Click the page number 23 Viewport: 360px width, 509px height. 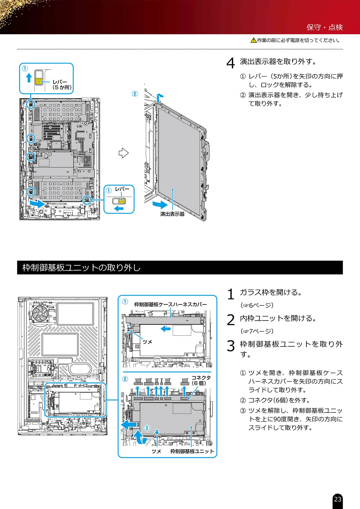click(337, 499)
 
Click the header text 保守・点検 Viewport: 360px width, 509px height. click(325, 27)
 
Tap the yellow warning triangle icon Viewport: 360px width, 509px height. click(253, 40)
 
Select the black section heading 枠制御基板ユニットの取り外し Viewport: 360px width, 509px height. click(82, 267)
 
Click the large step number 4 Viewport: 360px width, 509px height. click(231, 63)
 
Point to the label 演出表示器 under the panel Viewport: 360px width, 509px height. click(172, 214)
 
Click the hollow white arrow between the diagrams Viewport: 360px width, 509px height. click(123, 153)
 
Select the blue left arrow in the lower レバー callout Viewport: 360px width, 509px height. click(119, 208)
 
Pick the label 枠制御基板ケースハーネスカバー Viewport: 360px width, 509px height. click(170, 304)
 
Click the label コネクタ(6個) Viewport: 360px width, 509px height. click(201, 380)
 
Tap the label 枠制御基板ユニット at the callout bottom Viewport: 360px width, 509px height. click(192, 451)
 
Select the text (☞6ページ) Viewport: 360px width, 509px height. click(257, 305)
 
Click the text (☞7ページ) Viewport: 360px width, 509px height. click(257, 331)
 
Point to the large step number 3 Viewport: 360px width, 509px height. click(231, 346)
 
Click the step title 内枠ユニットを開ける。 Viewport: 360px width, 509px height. click(278, 318)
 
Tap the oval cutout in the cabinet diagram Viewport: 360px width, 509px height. click(81, 368)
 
